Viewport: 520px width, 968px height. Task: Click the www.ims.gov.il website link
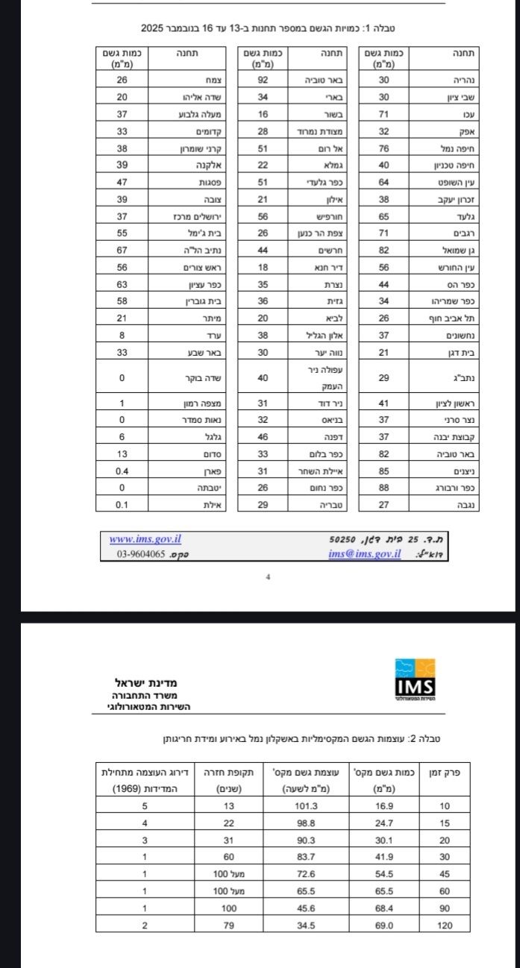click(x=145, y=539)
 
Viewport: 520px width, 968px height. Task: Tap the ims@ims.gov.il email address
click(x=364, y=554)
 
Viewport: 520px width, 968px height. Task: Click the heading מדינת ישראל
click(x=145, y=682)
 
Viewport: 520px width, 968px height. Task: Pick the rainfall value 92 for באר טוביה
click(x=263, y=79)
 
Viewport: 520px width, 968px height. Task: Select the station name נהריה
click(x=464, y=79)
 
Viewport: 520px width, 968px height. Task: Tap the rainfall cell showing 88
click(x=383, y=488)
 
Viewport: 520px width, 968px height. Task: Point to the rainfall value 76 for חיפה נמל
click(x=383, y=148)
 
